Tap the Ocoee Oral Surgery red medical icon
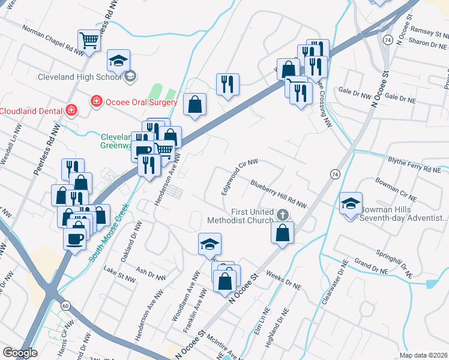click(x=95, y=101)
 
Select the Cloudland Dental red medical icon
click(x=71, y=110)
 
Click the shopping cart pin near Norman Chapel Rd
click(x=89, y=41)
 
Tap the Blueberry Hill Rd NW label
click(x=279, y=194)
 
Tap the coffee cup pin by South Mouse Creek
click(x=75, y=238)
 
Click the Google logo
click(x=20, y=353)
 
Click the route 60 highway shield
click(x=65, y=306)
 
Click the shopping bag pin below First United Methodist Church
click(x=282, y=232)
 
